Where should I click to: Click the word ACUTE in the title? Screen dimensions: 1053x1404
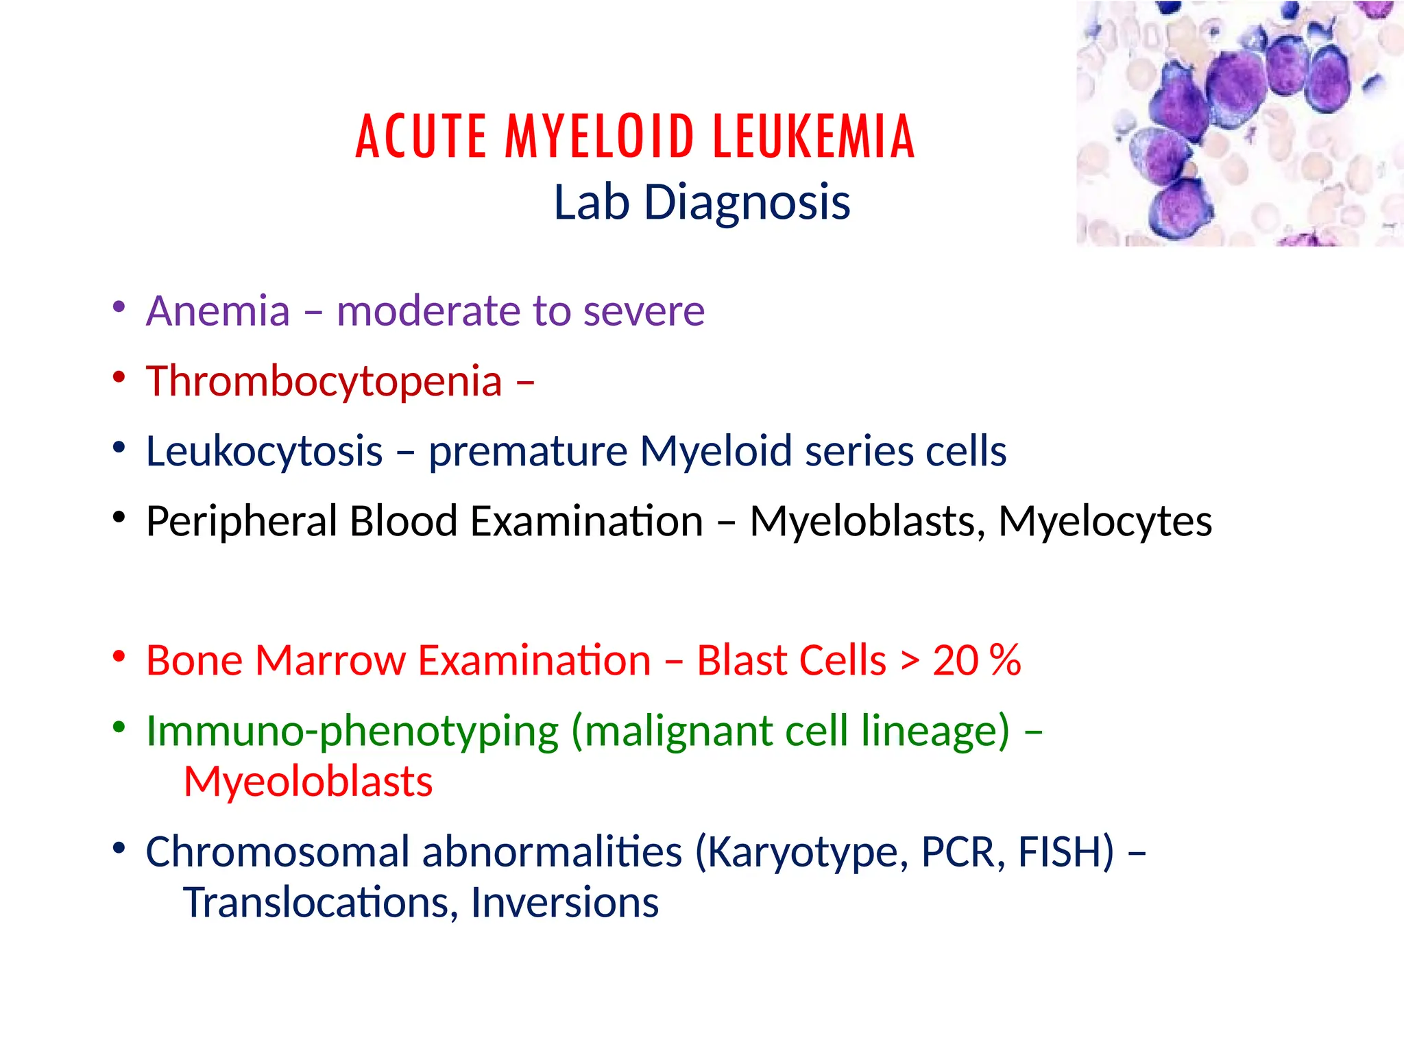(x=421, y=136)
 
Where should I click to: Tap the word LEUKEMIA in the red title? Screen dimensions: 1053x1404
(x=814, y=136)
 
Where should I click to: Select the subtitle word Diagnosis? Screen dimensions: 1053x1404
(x=747, y=203)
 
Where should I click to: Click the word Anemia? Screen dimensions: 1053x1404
(x=218, y=311)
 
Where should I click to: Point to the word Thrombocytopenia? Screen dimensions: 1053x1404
(x=324, y=382)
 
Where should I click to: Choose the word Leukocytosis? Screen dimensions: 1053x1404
(x=264, y=452)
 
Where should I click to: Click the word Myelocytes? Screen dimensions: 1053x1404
(x=1105, y=522)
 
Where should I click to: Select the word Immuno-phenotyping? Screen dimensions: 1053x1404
(x=352, y=731)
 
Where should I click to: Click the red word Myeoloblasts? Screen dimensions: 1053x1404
(x=308, y=782)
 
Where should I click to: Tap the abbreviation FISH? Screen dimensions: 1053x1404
(x=1066, y=852)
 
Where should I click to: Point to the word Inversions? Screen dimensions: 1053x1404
(x=564, y=903)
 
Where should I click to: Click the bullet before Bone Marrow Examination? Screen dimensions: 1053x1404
(x=119, y=657)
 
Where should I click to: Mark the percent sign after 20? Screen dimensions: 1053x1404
(x=1005, y=661)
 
